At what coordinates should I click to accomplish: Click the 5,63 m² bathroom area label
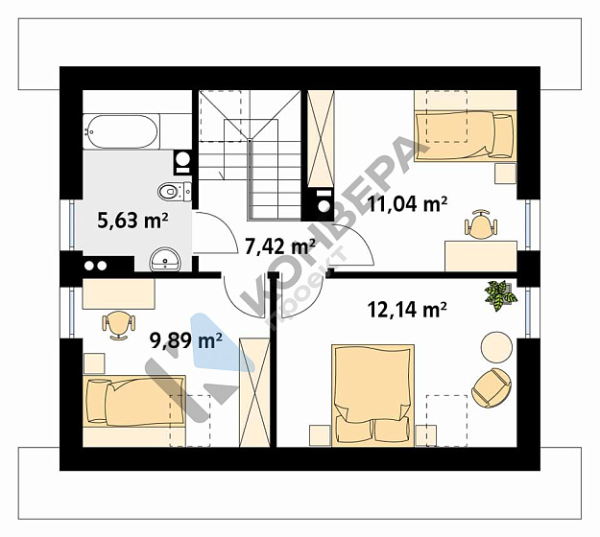tap(132, 221)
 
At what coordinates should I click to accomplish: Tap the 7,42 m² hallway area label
tap(279, 246)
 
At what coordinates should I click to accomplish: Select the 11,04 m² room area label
tap(407, 203)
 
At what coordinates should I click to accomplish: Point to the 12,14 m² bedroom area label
tap(407, 309)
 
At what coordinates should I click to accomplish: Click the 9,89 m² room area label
tap(186, 340)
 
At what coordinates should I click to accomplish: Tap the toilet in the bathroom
tap(175, 191)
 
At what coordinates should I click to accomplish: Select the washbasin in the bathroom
tap(165, 260)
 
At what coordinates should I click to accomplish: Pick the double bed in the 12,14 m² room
tap(373, 395)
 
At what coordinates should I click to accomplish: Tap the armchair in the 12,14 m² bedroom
tap(492, 388)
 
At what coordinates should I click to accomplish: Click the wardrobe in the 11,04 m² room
tap(321, 139)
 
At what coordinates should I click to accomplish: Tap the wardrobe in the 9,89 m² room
tap(254, 392)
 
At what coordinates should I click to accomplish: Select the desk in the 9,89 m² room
tap(119, 293)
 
